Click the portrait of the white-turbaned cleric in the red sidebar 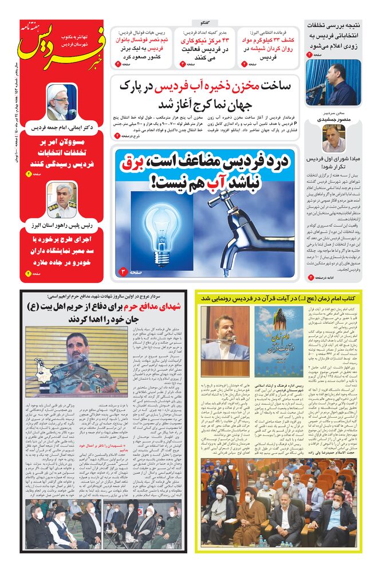coord(61,101)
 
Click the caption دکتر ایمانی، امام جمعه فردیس coord(61,127)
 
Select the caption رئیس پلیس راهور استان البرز coord(61,226)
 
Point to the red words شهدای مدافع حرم coord(154,307)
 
